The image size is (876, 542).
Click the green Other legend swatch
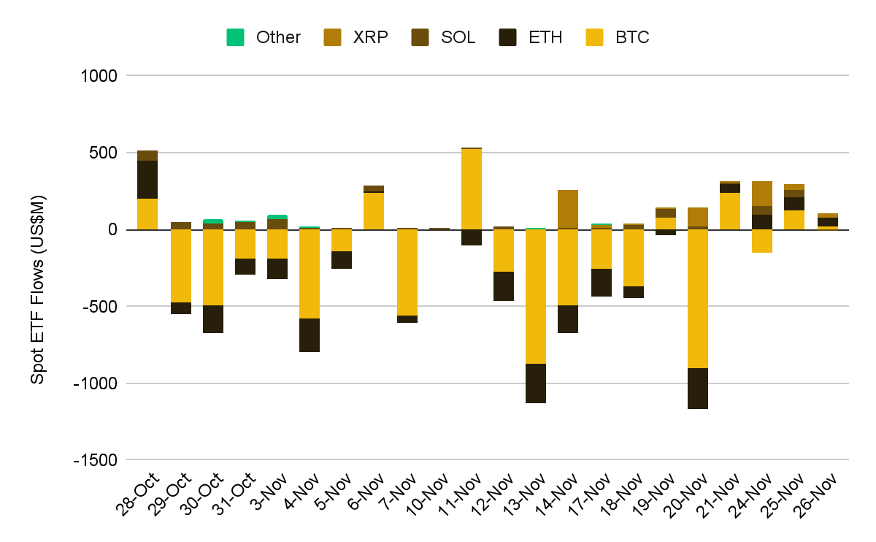point(236,37)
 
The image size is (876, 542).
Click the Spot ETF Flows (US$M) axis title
point(38,289)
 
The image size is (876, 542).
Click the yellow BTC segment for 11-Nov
point(472,189)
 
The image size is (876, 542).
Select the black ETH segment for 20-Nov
point(698,388)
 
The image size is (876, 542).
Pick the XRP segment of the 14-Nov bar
point(568,209)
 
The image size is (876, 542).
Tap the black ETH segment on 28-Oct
point(147,180)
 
